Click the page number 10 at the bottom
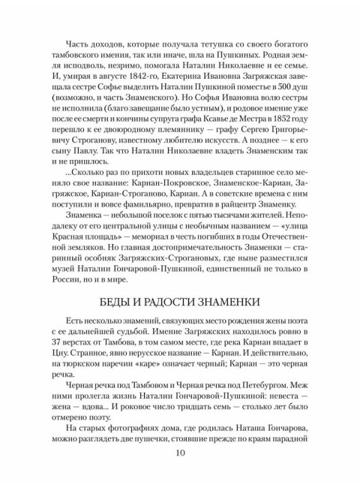(180, 452)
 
